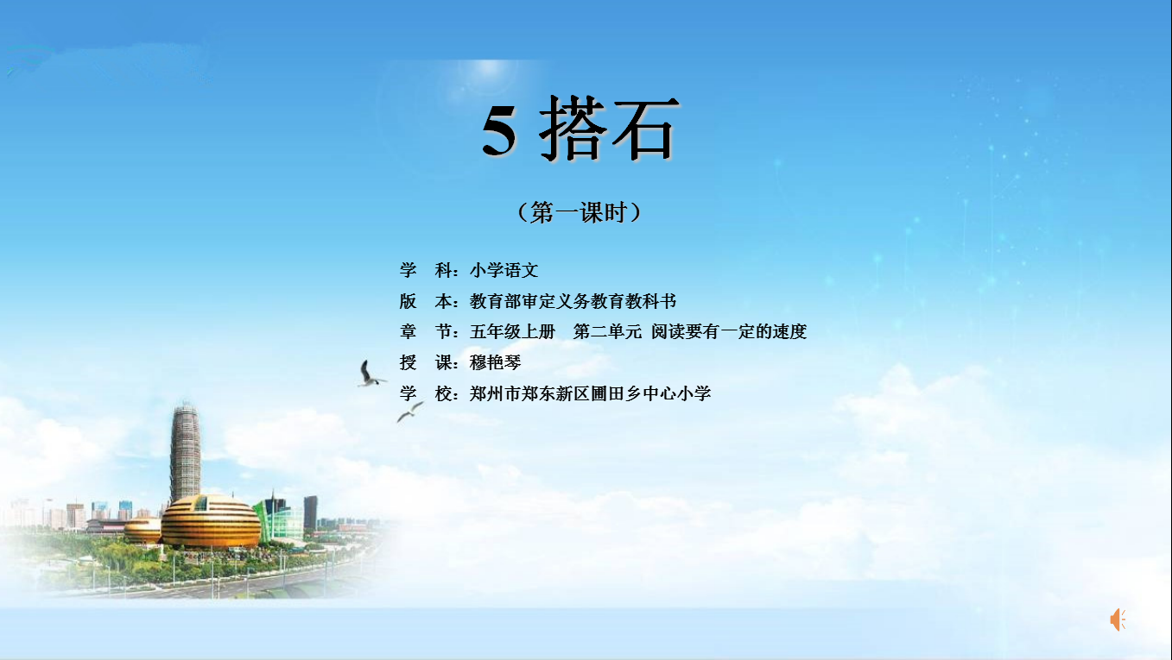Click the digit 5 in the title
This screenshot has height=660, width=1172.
(499, 130)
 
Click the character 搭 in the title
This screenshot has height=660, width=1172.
(573, 128)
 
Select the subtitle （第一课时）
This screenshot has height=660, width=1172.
(580, 212)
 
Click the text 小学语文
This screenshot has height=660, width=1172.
(504, 270)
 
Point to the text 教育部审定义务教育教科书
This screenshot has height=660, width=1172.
(573, 301)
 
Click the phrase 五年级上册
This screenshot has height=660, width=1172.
(512, 331)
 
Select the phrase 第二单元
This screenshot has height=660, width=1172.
(607, 331)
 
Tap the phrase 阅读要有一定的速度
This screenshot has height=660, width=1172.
(729, 331)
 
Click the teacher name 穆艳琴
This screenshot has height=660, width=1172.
(495, 362)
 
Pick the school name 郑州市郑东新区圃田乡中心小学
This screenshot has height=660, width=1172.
(590, 393)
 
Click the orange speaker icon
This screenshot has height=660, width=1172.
(1118, 619)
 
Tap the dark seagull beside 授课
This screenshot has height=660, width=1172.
(370, 374)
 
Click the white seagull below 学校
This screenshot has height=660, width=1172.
(409, 412)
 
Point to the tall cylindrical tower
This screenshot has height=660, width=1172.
(185, 452)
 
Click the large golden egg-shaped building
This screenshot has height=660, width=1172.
(211, 521)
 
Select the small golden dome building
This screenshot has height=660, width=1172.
(143, 531)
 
